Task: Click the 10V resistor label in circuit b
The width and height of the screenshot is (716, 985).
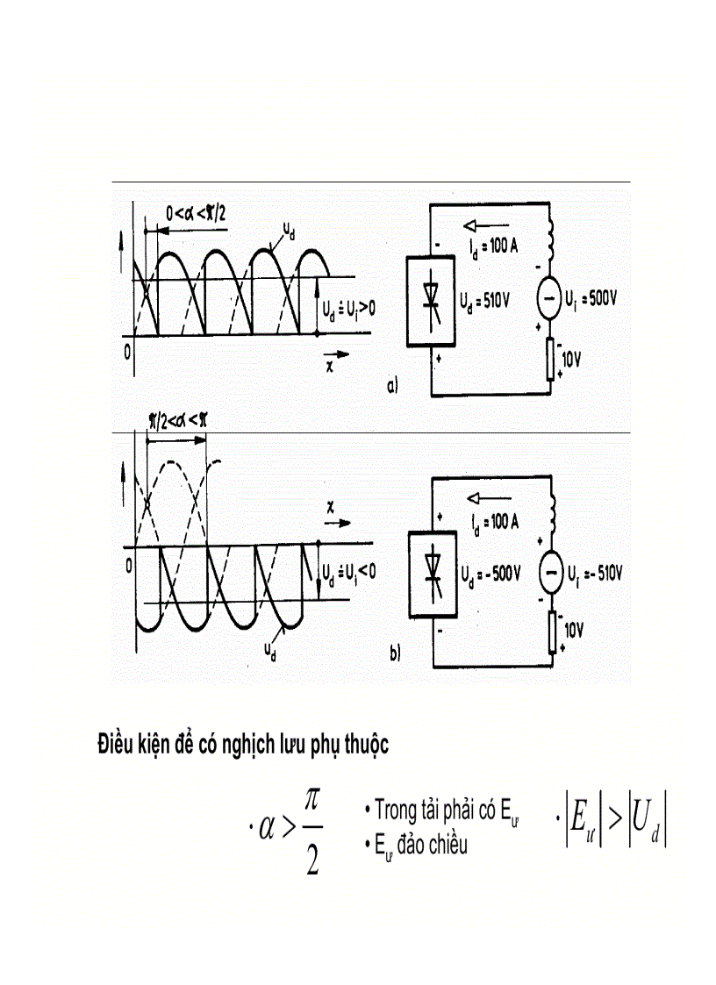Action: (x=571, y=628)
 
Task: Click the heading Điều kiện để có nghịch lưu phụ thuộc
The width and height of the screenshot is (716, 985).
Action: (x=243, y=746)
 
